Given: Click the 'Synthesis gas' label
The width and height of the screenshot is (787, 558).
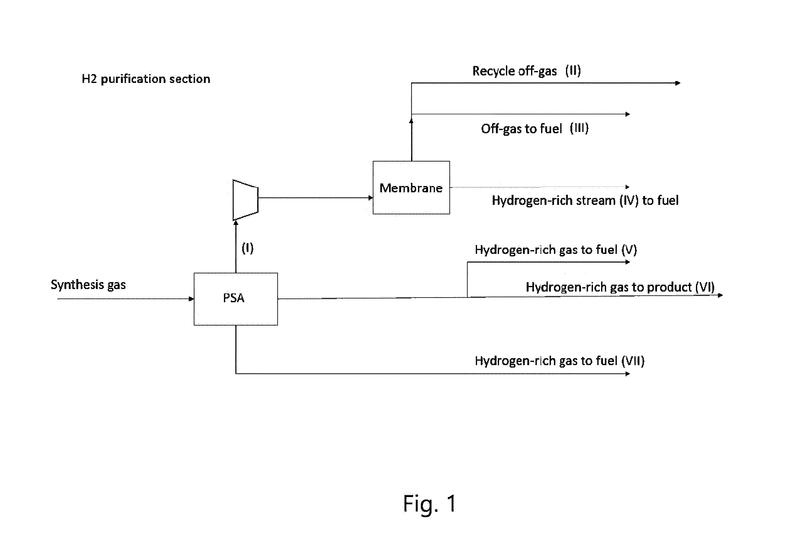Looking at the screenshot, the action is pos(88,285).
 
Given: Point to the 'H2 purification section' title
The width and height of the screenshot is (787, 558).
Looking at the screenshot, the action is pos(146,79).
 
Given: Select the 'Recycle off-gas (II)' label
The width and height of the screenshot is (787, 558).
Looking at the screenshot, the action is pos(527,71).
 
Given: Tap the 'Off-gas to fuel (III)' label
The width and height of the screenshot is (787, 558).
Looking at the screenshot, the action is pos(535,129).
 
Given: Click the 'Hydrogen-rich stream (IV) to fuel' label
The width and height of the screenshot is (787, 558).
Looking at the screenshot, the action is pos(585,200).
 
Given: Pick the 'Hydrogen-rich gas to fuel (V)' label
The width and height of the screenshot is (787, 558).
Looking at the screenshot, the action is pos(556,250).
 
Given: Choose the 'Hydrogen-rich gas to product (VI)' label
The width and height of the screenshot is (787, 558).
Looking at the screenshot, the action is pos(620,287).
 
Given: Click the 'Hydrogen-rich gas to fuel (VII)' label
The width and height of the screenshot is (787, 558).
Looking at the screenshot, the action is pos(560,361).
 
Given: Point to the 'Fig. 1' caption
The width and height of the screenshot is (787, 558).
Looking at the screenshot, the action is pos(430,504).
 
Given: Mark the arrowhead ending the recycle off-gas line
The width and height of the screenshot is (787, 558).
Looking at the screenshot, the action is pos(678,83).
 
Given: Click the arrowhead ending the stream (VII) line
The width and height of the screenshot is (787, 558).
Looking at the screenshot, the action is pos(628,374).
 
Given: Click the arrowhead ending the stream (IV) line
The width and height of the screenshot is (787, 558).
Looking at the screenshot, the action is pos(628,187).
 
